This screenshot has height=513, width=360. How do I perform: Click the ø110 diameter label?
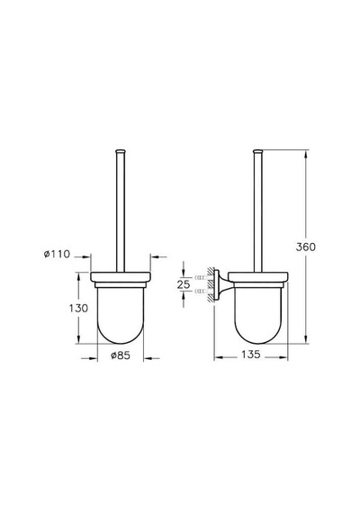(57, 254)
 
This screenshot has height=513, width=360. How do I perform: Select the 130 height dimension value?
(78, 308)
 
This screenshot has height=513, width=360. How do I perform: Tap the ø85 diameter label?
(121, 355)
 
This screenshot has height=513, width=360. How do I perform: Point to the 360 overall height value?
(306, 247)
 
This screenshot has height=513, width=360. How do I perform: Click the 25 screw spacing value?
(184, 284)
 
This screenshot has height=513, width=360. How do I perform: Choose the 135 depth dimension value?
(251, 354)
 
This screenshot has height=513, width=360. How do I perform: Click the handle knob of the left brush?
(121, 151)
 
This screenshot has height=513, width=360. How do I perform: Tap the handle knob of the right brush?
(258, 151)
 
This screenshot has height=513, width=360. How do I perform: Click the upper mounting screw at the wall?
(199, 277)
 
